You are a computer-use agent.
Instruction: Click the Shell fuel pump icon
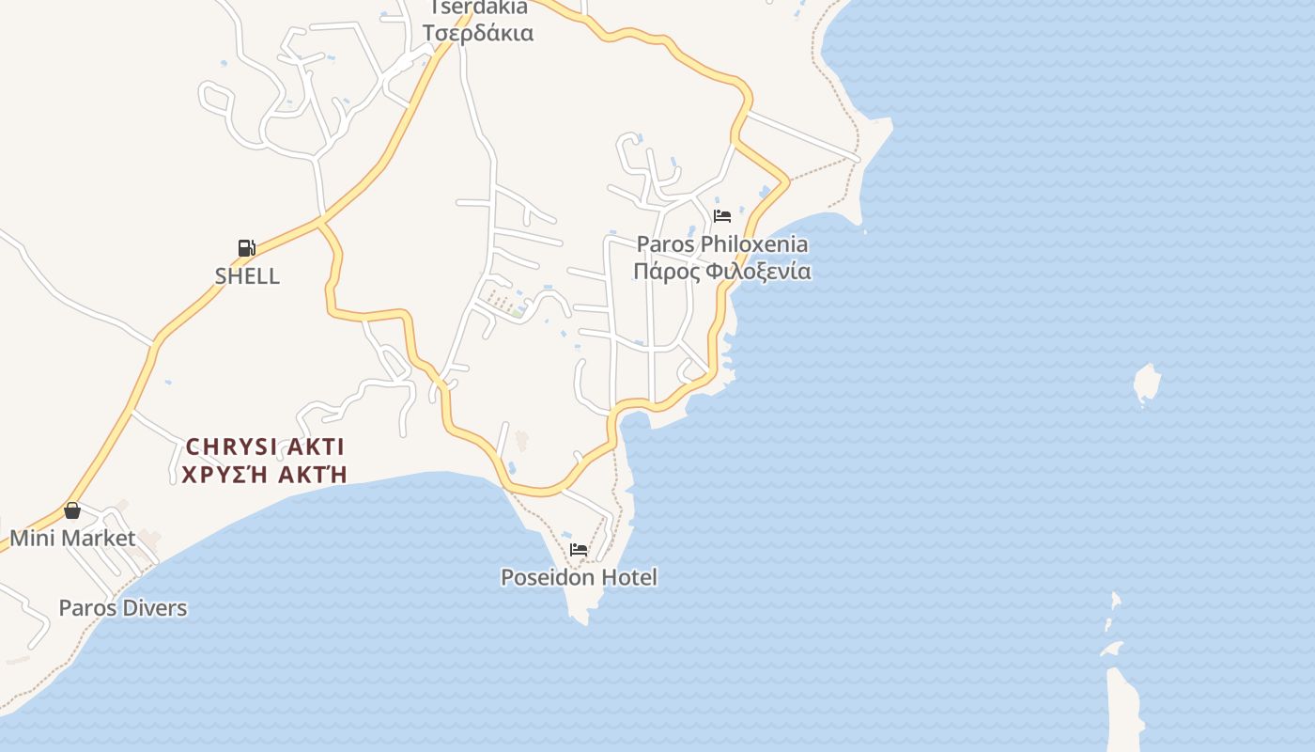click(x=246, y=248)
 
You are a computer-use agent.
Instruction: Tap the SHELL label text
click(x=247, y=276)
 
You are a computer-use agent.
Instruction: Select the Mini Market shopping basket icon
click(x=72, y=510)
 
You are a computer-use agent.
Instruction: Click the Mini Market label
click(x=72, y=539)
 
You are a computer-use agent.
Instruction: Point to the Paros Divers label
click(x=122, y=608)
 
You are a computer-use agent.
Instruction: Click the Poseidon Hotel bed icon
click(x=579, y=549)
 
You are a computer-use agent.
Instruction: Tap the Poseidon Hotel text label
click(x=579, y=577)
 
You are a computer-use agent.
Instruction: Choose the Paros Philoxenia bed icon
click(x=721, y=215)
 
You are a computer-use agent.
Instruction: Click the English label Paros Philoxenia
click(x=721, y=244)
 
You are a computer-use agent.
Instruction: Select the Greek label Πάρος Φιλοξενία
click(x=721, y=272)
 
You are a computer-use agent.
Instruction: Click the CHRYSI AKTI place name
click(x=265, y=446)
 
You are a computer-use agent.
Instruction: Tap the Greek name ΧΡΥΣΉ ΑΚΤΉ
click(x=265, y=474)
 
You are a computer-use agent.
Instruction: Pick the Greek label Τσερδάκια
click(x=477, y=33)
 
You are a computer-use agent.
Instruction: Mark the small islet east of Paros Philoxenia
click(x=1147, y=383)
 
